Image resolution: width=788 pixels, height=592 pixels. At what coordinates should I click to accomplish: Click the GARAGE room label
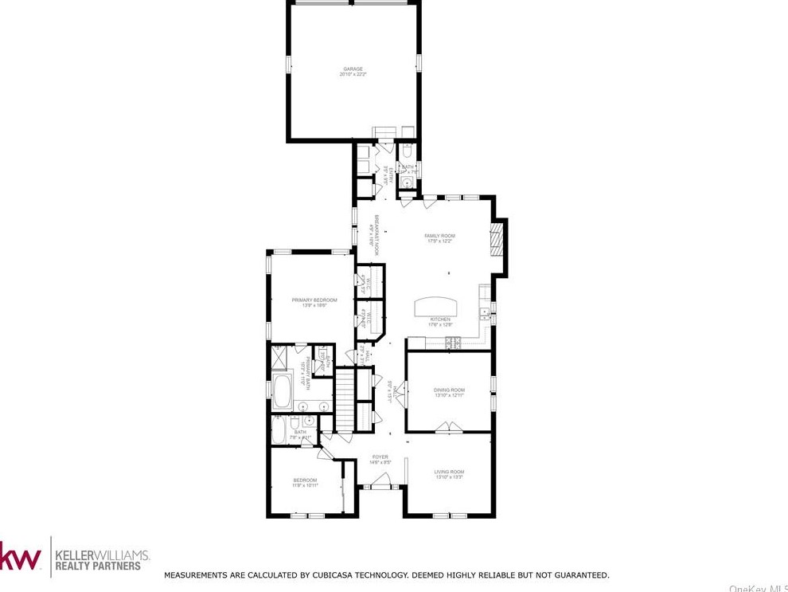coord(353,69)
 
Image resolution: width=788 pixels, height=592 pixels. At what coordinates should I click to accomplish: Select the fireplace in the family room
coord(497,240)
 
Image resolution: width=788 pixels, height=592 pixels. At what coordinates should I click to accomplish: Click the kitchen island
coord(436,307)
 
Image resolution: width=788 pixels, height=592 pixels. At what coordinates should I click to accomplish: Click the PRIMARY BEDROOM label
coord(314,300)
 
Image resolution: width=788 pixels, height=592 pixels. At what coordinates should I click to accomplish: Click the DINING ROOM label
coord(449,390)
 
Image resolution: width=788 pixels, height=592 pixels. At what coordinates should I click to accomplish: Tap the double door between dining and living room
coord(445,432)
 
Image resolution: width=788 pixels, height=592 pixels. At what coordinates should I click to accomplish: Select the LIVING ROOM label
coord(449,472)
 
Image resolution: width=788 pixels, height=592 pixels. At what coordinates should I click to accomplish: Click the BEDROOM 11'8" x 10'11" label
coord(305,480)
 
